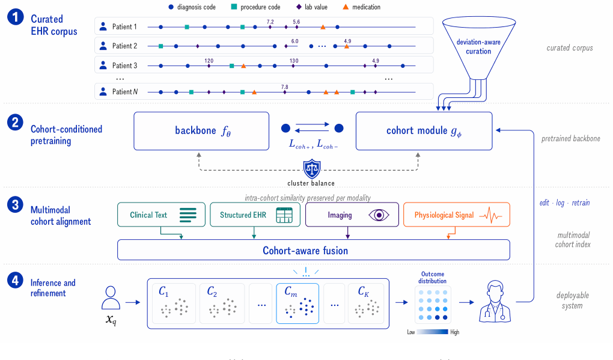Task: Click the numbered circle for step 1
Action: click(15, 17)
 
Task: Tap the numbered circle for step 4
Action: click(15, 280)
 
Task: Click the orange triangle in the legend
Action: click(346, 7)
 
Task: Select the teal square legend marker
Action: click(234, 7)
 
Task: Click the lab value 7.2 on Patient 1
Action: click(270, 22)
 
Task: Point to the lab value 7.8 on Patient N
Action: click(285, 87)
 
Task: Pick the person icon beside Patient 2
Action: click(103, 46)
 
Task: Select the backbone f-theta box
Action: click(201, 131)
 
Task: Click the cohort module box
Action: click(424, 131)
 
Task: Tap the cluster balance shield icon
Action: click(312, 169)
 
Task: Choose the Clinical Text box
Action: click(161, 215)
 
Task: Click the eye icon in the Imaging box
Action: click(379, 215)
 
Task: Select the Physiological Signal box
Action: click(457, 215)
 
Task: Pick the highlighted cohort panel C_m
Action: click(297, 304)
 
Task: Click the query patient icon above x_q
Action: click(111, 298)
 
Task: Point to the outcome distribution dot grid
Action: click(433, 305)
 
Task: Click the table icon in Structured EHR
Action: click(284, 215)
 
